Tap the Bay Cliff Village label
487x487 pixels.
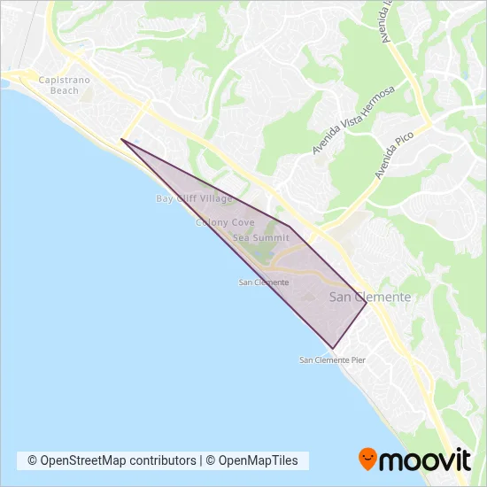pos(194,199)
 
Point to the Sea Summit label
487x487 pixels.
pos(260,238)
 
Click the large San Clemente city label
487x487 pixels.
pos(369,298)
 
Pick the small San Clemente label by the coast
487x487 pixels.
pos(264,282)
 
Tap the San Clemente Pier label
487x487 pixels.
pos(332,360)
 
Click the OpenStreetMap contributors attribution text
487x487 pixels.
pos(112,460)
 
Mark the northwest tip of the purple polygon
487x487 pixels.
pos(121,139)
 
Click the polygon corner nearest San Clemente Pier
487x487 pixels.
pos(332,348)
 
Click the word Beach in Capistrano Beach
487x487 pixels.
pos(64,90)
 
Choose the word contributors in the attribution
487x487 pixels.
pos(162,460)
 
